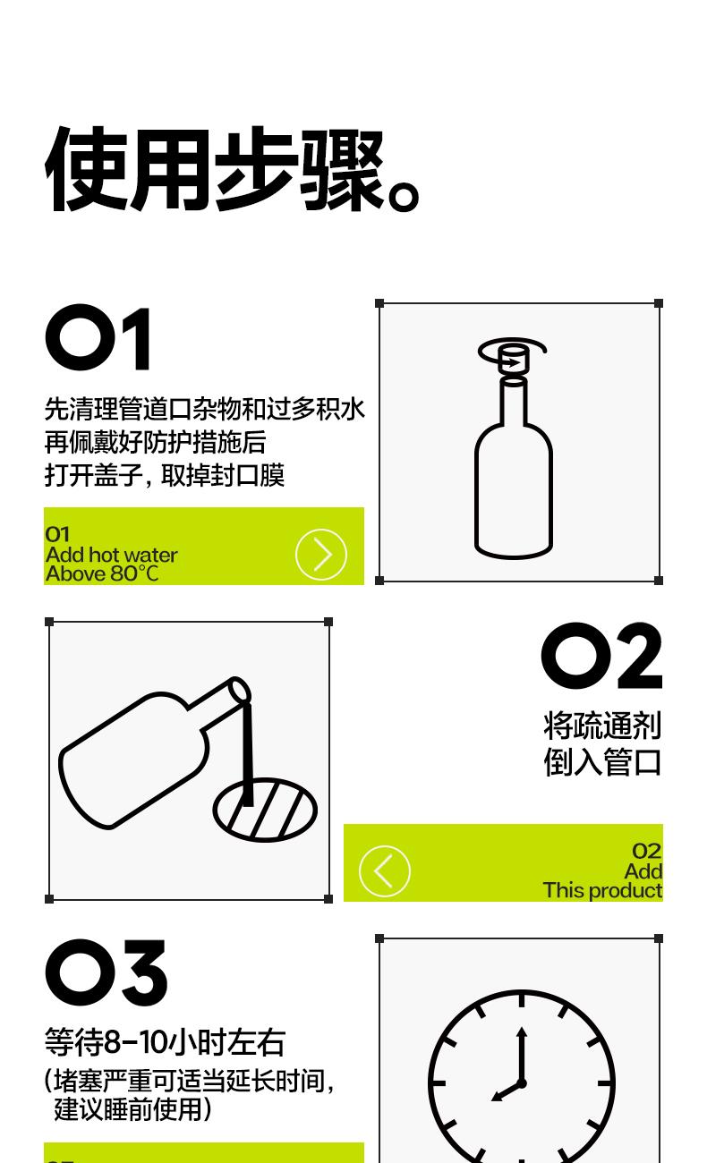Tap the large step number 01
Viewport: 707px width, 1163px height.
(98, 337)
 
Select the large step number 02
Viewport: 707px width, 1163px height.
(601, 655)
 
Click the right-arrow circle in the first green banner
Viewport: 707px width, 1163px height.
(321, 554)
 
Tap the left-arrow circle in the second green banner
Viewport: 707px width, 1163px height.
(385, 870)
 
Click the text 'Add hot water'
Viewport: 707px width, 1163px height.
(112, 555)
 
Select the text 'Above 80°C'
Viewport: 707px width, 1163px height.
(102, 574)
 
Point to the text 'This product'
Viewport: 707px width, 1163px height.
(602, 890)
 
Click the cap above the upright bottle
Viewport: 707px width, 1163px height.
(513, 359)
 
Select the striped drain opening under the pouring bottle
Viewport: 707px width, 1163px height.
(265, 811)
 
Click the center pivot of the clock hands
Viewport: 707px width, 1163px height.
(522, 1083)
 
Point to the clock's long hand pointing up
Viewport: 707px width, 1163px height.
(522, 1054)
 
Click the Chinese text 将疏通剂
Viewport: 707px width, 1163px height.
(602, 726)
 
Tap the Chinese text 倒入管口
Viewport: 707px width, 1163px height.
(602, 762)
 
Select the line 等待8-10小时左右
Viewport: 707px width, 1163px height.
(165, 1042)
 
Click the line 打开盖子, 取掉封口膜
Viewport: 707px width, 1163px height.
(164, 475)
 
